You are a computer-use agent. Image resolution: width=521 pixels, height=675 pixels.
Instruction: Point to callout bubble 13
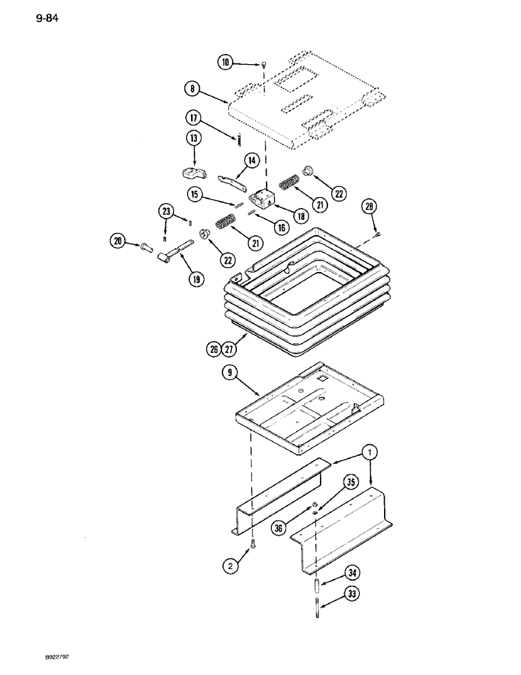tap(194, 140)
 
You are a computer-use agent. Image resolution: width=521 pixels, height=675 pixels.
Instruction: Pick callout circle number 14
tap(232, 161)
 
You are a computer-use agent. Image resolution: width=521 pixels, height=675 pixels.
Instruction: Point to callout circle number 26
tap(213, 349)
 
